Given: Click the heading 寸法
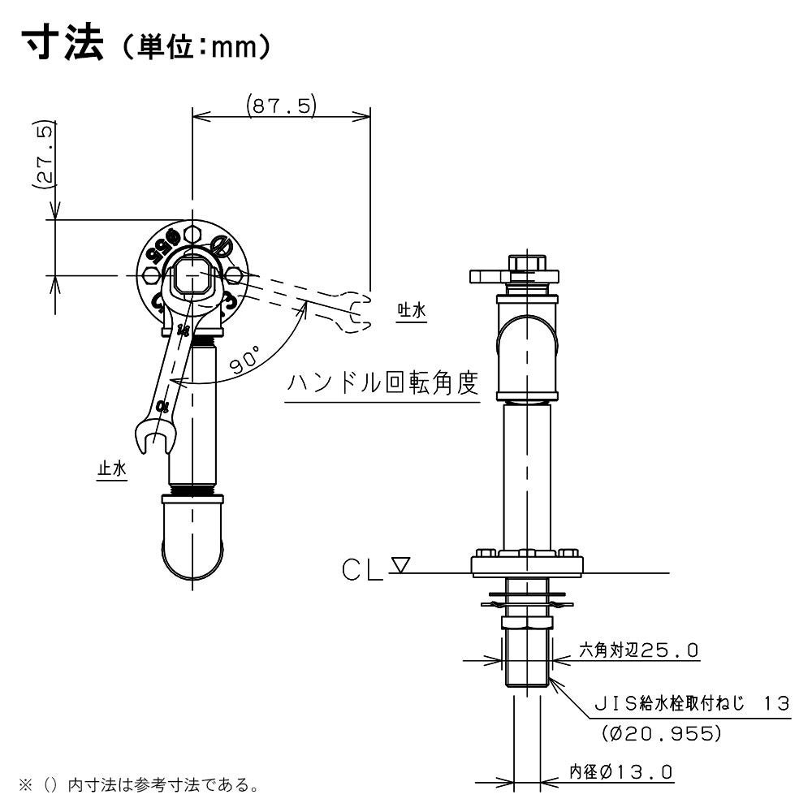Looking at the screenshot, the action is [x=63, y=43].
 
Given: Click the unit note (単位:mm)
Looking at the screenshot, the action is [x=194, y=46].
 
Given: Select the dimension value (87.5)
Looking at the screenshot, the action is [x=281, y=106].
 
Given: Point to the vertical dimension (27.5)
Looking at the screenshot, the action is [x=45, y=153].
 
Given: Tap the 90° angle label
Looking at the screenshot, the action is [x=245, y=360].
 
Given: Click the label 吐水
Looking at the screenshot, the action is [x=412, y=310].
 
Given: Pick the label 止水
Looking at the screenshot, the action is [x=112, y=469].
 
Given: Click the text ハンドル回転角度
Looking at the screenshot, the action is [x=382, y=383].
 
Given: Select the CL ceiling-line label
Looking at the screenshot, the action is [x=361, y=570].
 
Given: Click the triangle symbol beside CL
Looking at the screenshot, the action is [x=400, y=564].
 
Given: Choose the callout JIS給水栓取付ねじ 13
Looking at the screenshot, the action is [x=692, y=703].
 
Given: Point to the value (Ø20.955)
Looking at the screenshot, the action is [x=661, y=732].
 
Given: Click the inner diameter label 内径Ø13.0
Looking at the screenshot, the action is [x=621, y=772].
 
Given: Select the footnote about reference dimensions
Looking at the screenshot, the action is [x=140, y=785].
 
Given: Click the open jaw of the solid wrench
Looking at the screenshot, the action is [x=154, y=437].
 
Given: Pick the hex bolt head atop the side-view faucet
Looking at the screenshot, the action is [x=528, y=262].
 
